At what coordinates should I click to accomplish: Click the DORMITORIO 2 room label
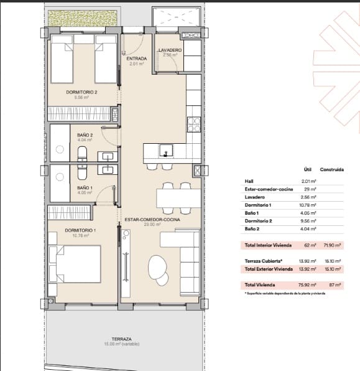point(81,92)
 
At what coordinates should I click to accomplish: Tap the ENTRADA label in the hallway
point(136,59)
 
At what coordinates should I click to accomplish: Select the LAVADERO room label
point(169,50)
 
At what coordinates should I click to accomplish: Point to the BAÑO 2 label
point(85,135)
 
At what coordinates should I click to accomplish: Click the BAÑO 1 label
point(85,187)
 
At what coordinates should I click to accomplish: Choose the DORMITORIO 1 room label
point(80,230)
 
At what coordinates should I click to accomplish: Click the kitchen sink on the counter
point(165,150)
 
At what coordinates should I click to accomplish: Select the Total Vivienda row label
point(261,285)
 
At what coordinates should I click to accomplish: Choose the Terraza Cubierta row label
point(263,261)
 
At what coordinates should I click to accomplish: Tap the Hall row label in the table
point(249,181)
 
